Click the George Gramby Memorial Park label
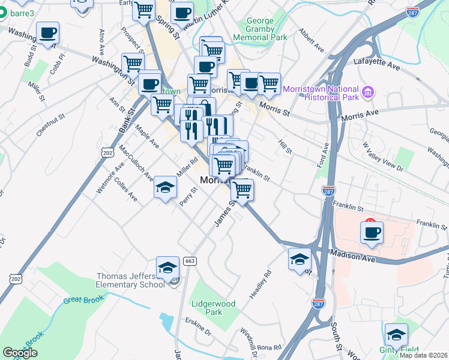268,29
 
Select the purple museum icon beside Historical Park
369,92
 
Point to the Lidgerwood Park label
212,308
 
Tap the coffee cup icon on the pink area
372,232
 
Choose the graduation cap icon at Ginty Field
396,335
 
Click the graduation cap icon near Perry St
165,188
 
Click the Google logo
20,353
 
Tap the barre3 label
20,11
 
